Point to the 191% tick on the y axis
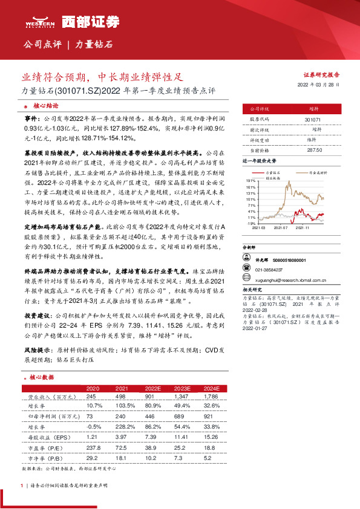coord(249,181)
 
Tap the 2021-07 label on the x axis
coord(281,228)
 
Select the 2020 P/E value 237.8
coord(94,447)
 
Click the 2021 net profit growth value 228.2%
coord(123,426)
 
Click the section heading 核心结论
coord(45,105)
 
